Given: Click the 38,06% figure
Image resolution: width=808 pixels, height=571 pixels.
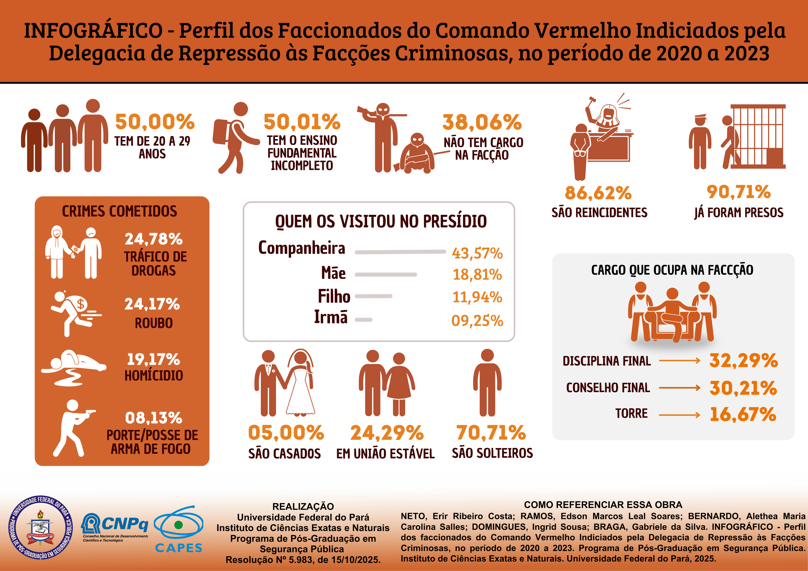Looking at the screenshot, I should point(482,122).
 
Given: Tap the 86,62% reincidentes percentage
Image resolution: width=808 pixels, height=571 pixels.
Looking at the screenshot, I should point(598,193).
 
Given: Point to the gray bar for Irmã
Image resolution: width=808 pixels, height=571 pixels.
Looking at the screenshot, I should point(364,320).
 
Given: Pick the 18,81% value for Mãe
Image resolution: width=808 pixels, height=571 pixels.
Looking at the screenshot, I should point(477,274).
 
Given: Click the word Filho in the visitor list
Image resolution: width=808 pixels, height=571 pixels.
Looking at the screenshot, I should point(334,296).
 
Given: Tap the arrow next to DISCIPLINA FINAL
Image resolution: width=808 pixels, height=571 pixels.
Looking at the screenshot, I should point(679,361).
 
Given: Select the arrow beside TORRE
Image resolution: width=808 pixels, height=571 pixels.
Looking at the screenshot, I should point(679,415).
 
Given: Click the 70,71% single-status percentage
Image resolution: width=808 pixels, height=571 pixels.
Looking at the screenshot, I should point(491,433).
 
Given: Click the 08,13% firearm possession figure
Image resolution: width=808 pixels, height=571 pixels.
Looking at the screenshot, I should point(154,418).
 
